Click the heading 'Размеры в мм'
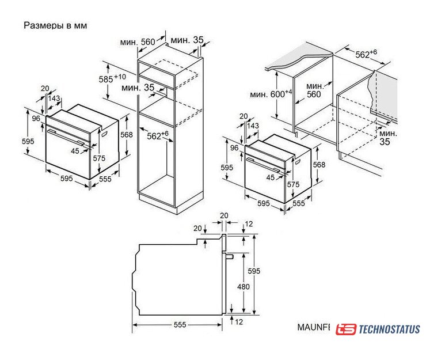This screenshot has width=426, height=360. [55, 25]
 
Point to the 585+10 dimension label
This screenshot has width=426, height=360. [112, 78]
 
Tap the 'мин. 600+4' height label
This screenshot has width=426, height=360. [271, 94]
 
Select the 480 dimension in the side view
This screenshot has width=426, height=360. [243, 287]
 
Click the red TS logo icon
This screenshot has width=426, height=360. [345, 329]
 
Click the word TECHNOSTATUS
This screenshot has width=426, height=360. [390, 329]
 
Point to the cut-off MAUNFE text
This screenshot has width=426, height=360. [314, 327]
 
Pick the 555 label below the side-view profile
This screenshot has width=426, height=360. [180, 325]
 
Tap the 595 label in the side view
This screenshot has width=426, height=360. [254, 271]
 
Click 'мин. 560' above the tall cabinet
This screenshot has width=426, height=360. [138, 42]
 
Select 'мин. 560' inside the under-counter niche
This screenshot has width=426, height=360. [314, 90]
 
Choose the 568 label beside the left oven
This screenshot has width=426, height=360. [126, 135]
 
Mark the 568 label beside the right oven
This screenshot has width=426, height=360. [319, 165]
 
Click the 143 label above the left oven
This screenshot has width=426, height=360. [54, 98]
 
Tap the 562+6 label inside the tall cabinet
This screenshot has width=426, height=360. [158, 135]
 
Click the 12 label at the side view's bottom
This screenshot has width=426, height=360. [238, 322]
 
